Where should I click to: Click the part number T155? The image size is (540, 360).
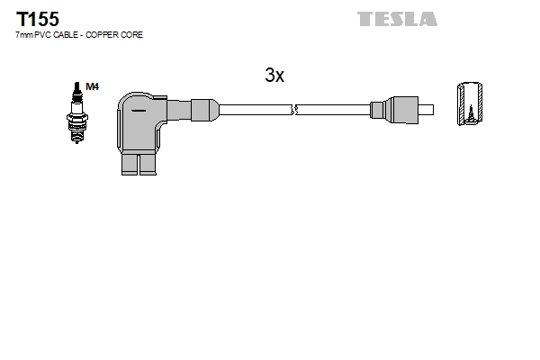(x=38, y=19)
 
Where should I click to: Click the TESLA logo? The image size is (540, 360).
(x=397, y=19)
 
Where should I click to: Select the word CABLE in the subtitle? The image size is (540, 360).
(x=66, y=35)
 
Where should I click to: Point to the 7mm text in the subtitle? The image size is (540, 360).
(x=24, y=35)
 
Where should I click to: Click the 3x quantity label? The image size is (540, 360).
(x=274, y=75)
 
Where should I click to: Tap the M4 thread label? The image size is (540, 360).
(x=93, y=86)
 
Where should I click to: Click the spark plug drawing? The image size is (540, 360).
(x=76, y=112)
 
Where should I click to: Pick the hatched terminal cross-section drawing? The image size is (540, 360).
(x=470, y=103)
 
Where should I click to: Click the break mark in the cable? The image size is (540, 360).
(x=294, y=110)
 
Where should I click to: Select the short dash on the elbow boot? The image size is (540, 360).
(x=139, y=111)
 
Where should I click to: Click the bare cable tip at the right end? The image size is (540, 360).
(x=426, y=110)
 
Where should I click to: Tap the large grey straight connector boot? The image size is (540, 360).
(x=402, y=110)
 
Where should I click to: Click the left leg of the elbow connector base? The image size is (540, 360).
(x=130, y=164)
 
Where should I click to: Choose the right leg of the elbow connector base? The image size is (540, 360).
(x=148, y=164)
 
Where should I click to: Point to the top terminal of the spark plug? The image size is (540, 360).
(x=77, y=86)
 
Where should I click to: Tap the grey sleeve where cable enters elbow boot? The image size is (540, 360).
(x=204, y=110)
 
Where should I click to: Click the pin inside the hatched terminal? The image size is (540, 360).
(x=471, y=113)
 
